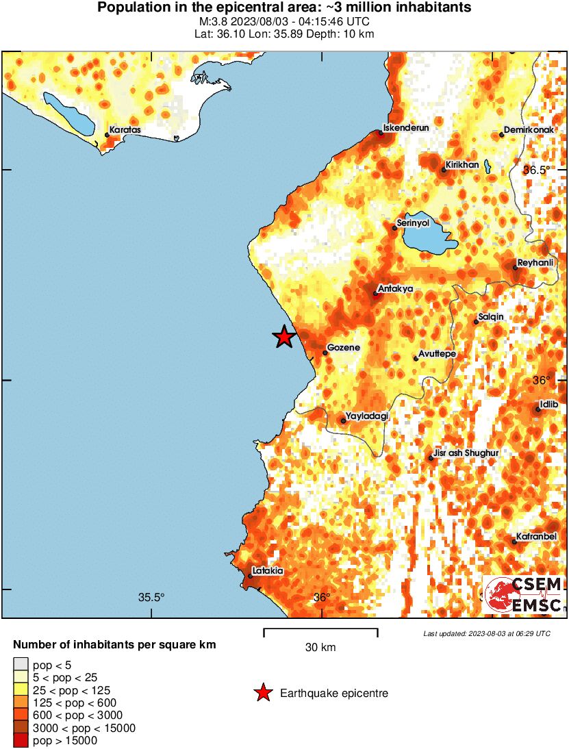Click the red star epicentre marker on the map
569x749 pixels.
pos(283,337)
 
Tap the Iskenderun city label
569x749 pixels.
pos(405,127)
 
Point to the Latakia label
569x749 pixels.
pos(267,570)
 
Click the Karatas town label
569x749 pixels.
pos(125,129)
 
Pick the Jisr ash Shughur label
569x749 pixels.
pos(465,453)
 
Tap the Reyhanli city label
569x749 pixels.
pos(535,262)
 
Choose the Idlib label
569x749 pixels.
pos(549,405)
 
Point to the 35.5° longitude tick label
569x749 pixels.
pos(151,597)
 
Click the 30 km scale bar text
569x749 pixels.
pos(320,647)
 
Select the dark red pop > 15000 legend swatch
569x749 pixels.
pos(21,739)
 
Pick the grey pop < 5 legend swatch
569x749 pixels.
pos(21,664)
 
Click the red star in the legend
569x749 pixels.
pos(262,694)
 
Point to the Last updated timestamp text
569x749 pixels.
pos(487,633)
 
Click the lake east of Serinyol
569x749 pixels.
pos(429,238)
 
